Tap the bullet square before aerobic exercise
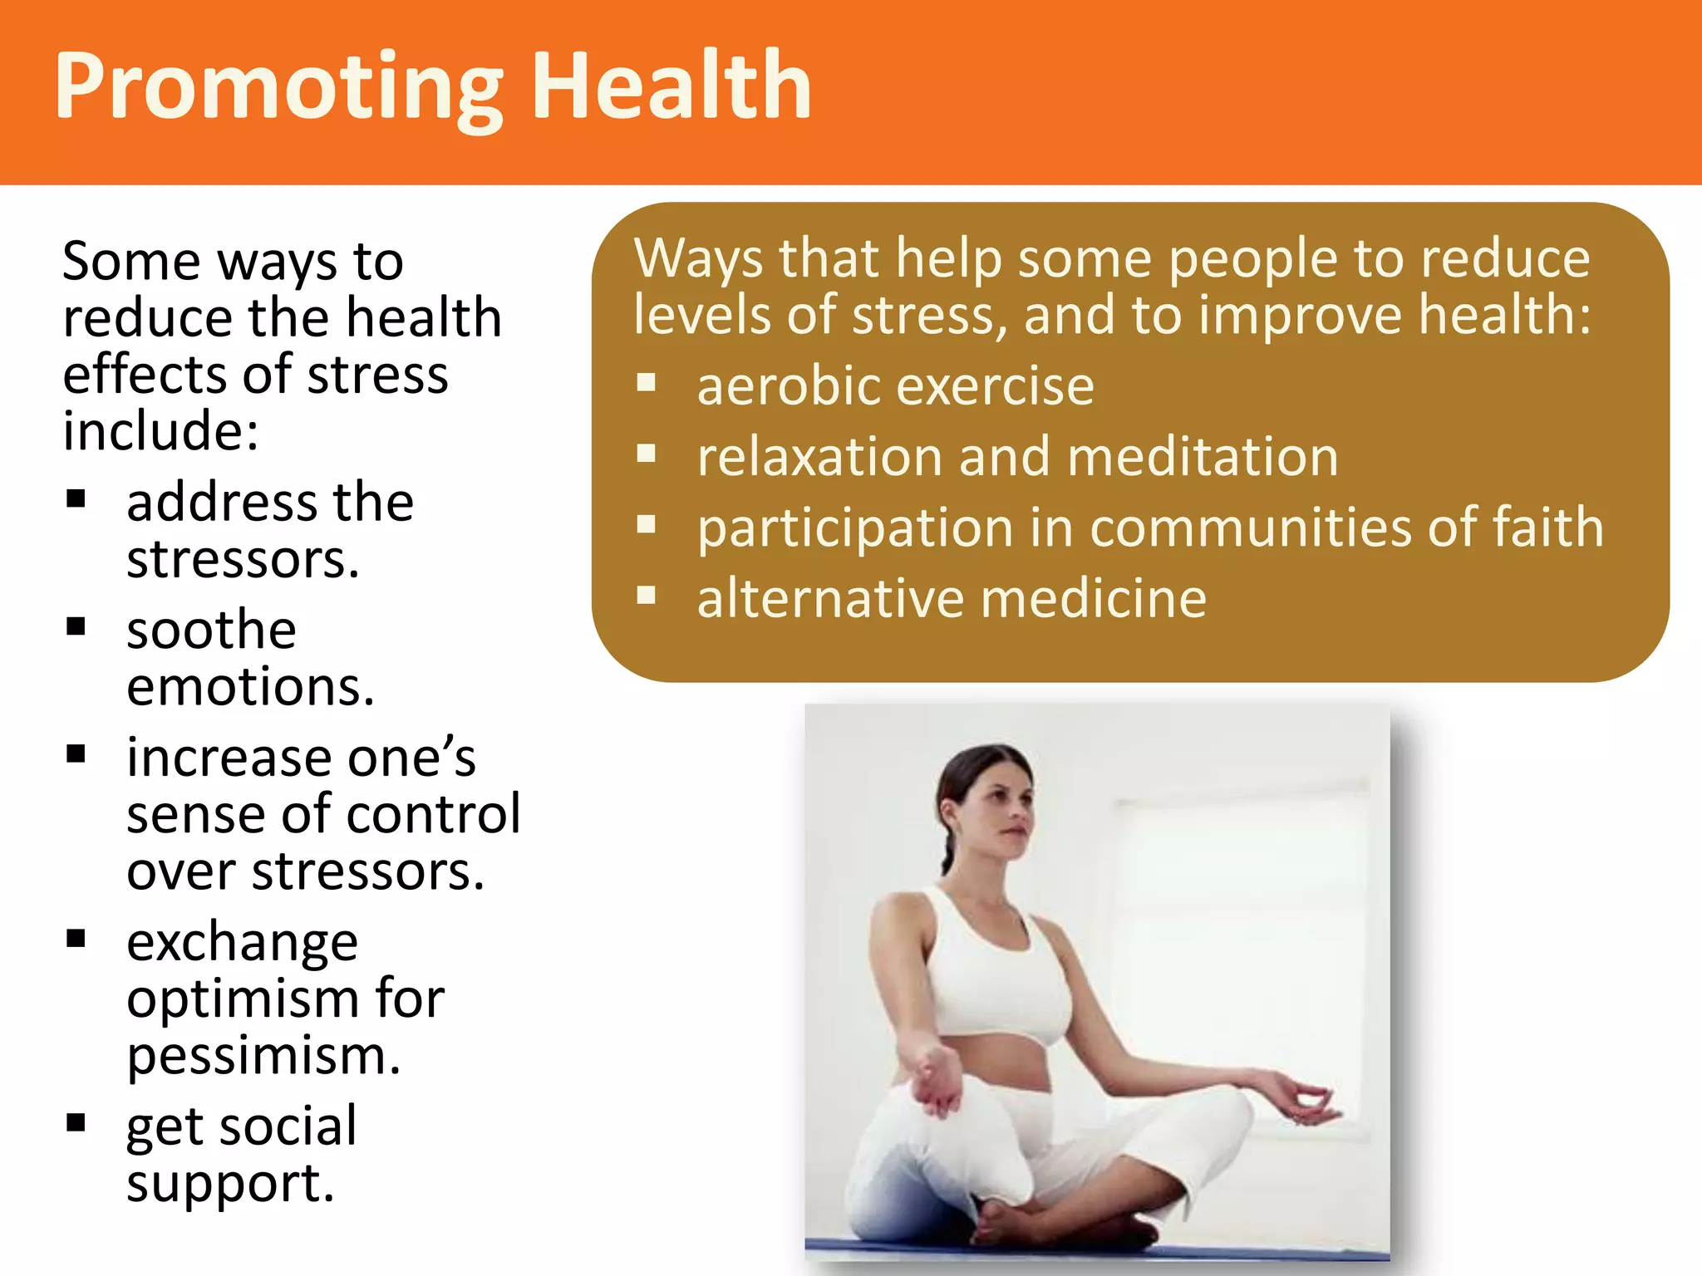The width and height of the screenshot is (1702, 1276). (647, 383)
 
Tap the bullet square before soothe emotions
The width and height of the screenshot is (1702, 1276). (76, 626)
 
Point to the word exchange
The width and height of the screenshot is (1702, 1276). (242, 943)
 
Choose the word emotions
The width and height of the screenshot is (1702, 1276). (250, 687)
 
